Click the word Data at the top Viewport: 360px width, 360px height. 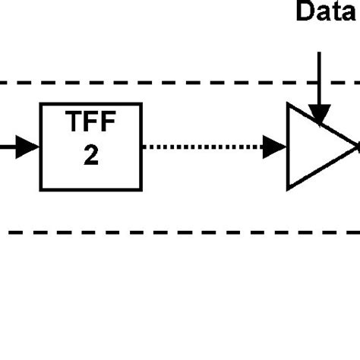326,13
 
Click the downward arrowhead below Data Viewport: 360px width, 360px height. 320,113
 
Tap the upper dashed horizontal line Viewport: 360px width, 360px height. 152,82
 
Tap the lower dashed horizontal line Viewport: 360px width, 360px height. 152,232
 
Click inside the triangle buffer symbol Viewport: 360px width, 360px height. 311,147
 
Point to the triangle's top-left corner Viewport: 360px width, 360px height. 288,106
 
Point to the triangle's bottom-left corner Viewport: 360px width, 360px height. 288,188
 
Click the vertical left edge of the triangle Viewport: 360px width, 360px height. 288,147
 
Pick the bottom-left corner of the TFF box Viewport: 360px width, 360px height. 41,189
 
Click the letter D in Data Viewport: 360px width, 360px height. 305,13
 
